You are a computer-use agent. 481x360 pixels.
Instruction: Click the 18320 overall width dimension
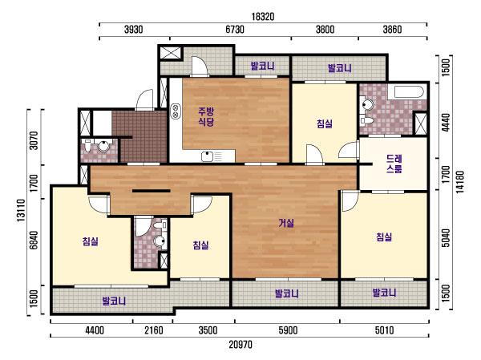click(263, 17)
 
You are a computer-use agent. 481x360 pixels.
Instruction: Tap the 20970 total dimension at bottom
click(240, 345)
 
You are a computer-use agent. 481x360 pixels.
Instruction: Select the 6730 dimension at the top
click(235, 30)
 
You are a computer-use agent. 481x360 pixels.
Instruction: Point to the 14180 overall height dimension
click(460, 182)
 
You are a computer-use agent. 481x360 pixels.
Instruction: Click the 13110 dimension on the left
click(21, 210)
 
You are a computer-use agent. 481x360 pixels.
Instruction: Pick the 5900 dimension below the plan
click(288, 330)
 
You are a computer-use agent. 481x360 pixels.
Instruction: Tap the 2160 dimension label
click(154, 330)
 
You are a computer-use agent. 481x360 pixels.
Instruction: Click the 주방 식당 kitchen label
click(206, 116)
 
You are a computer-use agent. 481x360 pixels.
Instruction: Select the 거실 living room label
click(286, 223)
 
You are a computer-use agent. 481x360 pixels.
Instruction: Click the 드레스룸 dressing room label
click(394, 164)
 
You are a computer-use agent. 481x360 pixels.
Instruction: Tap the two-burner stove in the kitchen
click(176, 111)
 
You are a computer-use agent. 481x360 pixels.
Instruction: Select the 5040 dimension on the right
click(447, 238)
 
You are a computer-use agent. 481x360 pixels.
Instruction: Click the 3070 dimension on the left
click(34, 140)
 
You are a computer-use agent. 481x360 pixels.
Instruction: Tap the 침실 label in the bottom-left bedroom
click(90, 241)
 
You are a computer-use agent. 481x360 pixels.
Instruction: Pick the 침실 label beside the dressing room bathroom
click(325, 123)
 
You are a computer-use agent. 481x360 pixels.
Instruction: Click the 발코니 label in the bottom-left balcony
click(114, 301)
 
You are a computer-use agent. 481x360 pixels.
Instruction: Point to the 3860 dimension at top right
click(392, 30)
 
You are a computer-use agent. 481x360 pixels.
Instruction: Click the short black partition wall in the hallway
click(152, 191)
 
